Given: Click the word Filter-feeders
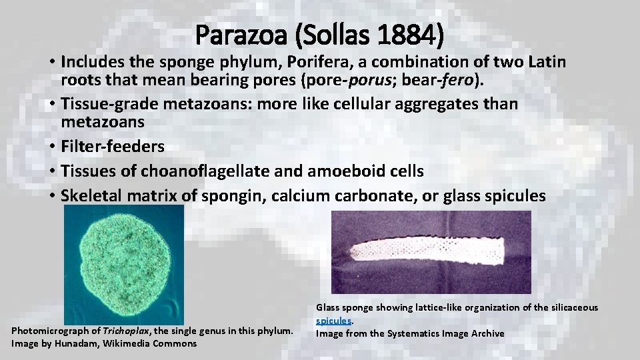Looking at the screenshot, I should click(x=112, y=146).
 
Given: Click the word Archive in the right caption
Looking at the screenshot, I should click(x=487, y=333).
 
